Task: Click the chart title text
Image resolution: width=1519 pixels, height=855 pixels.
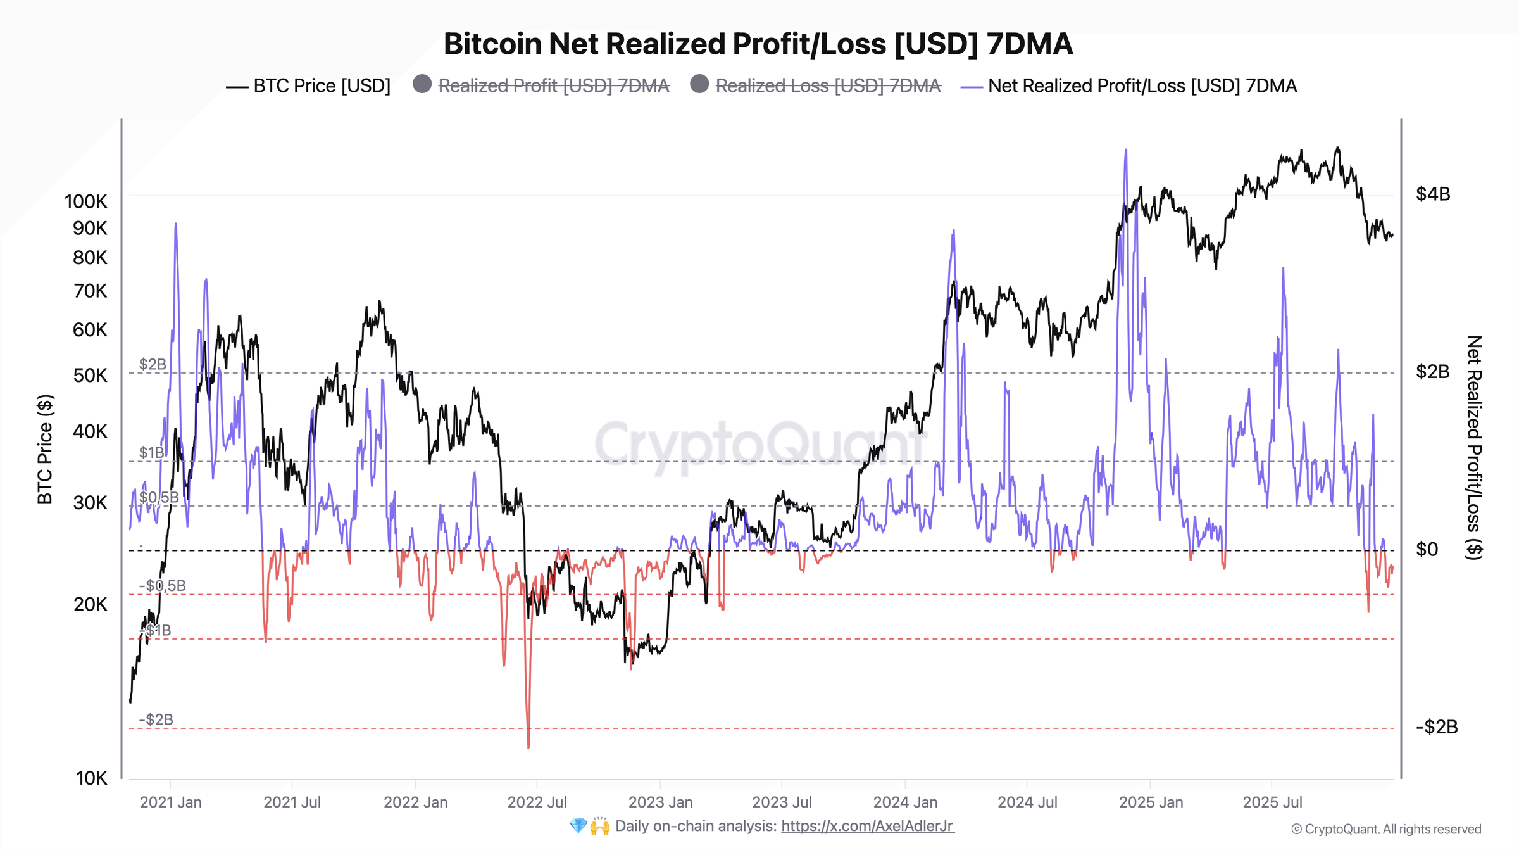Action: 758,44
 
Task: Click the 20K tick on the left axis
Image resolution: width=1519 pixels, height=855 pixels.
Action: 90,604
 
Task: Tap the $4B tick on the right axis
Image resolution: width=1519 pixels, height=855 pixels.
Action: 1432,194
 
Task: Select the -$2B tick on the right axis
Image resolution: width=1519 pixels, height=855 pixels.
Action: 1436,726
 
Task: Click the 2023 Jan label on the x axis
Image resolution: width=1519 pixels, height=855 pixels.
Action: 660,802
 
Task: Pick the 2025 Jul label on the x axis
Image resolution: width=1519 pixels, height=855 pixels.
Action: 1272,802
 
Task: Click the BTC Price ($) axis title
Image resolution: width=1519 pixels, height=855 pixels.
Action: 45,449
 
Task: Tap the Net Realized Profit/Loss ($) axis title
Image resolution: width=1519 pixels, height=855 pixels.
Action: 1474,447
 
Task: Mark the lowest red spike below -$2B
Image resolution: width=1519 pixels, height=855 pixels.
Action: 528,746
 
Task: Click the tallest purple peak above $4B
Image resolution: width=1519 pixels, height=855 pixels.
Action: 1125,152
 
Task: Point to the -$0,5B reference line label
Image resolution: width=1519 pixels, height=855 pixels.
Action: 163,585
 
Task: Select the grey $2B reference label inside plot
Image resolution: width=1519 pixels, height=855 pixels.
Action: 153,364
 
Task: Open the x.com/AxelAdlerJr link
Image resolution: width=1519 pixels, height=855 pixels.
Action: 867,826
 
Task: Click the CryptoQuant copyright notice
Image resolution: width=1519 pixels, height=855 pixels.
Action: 1386,829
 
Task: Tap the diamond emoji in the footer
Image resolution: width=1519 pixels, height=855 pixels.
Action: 578,826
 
